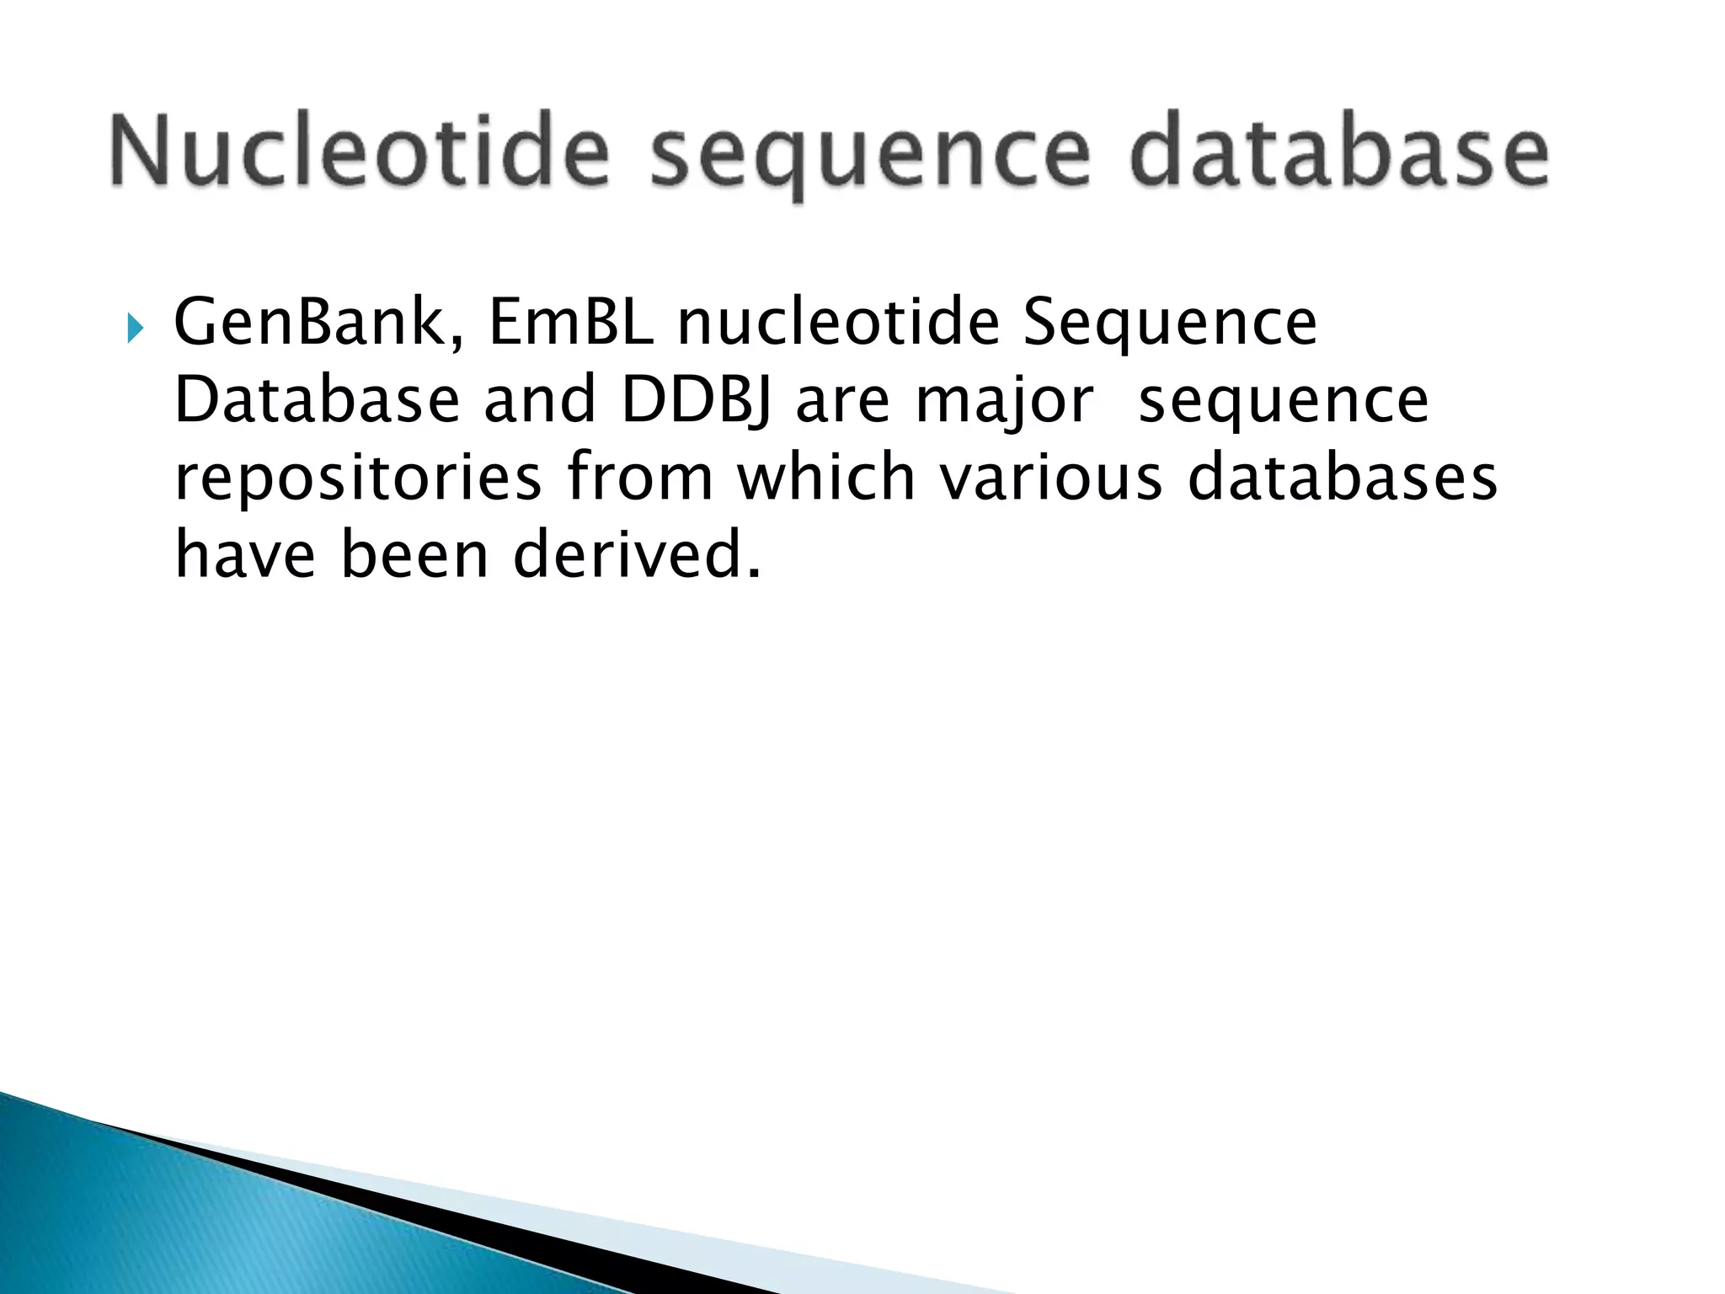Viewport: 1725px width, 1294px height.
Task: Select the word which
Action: [x=826, y=477]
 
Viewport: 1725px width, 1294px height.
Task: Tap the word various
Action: [x=1050, y=479]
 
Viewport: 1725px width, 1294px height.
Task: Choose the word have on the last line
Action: [x=245, y=556]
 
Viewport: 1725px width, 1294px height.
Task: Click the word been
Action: [x=414, y=556]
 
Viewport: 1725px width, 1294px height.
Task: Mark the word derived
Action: [x=636, y=556]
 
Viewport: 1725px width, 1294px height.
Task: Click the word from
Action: [x=640, y=479]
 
